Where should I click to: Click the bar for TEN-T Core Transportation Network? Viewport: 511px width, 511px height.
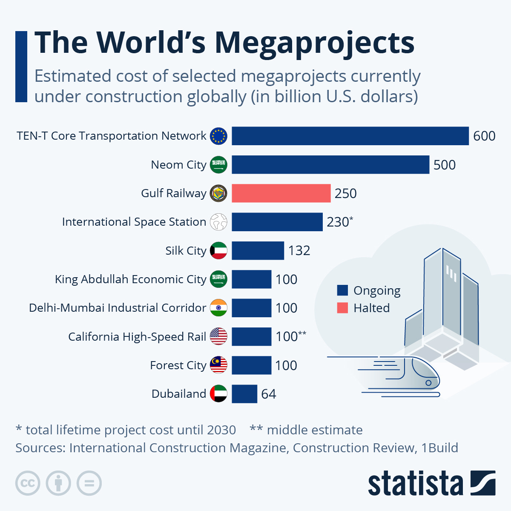(x=350, y=136)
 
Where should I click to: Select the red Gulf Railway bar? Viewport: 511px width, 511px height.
(x=281, y=193)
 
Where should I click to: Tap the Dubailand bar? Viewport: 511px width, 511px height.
(x=244, y=394)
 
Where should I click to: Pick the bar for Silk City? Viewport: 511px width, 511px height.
(x=258, y=250)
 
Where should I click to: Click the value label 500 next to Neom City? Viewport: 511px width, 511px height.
(x=444, y=165)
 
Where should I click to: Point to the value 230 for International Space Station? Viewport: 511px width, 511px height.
(x=338, y=222)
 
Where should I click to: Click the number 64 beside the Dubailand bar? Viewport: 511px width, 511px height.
(x=268, y=394)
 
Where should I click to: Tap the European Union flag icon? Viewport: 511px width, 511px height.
(x=219, y=136)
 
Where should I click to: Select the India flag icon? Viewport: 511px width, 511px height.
(x=219, y=308)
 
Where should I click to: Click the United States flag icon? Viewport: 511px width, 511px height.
(x=219, y=336)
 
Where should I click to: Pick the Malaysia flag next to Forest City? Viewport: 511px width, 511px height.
(x=219, y=365)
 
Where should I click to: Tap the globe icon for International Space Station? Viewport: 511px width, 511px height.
(x=219, y=222)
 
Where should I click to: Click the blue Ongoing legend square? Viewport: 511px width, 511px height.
(x=342, y=290)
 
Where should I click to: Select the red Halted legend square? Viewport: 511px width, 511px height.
(x=342, y=308)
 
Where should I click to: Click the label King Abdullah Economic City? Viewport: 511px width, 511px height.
(x=130, y=279)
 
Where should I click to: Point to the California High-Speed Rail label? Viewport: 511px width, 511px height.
(x=137, y=336)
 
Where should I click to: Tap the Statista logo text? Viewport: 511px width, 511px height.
(x=415, y=483)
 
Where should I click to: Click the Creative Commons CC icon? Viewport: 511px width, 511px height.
(x=28, y=483)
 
